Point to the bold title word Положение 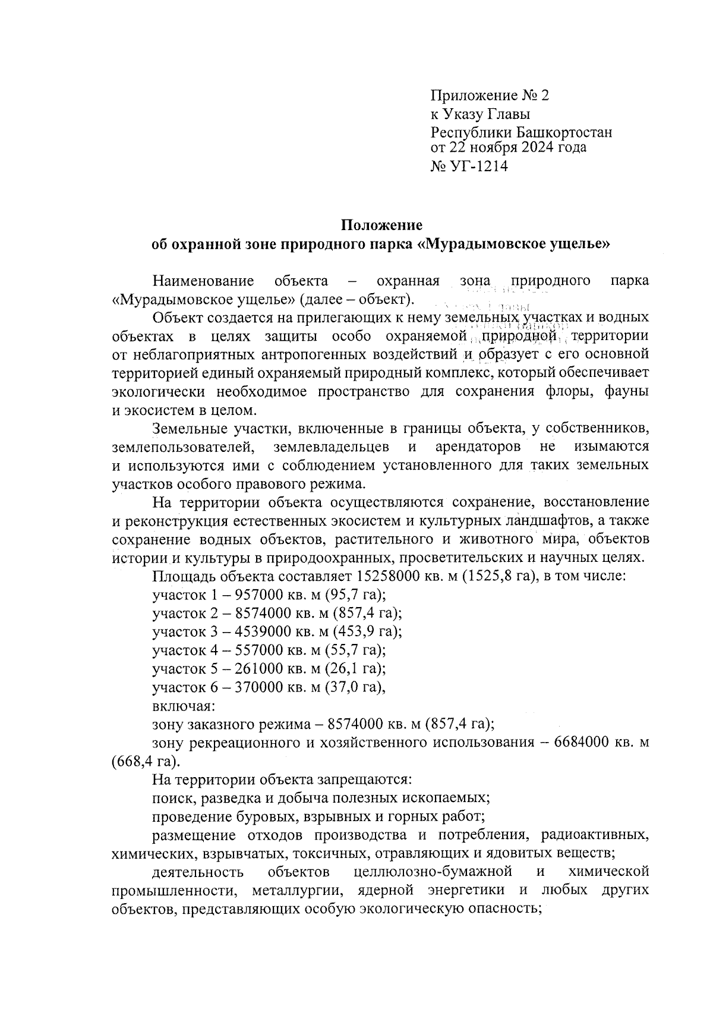[381, 225]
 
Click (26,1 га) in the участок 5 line [359, 668]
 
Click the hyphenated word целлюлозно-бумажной [433, 872]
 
